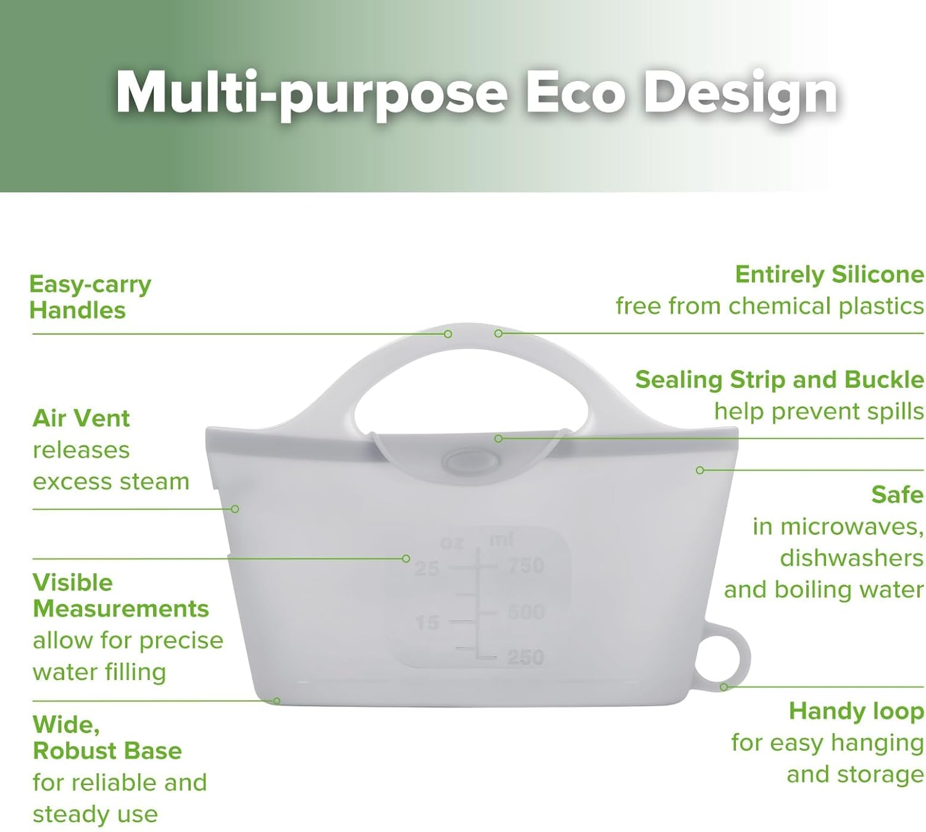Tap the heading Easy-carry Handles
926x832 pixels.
click(x=90, y=297)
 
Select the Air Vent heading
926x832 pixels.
click(x=81, y=418)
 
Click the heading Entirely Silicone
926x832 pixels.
click(x=829, y=275)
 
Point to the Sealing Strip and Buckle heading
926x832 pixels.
click(x=779, y=380)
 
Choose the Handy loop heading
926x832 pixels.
click(x=856, y=712)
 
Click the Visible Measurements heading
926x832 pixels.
click(x=120, y=595)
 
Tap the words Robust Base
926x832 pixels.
click(x=107, y=751)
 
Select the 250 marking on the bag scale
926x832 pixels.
click(x=526, y=658)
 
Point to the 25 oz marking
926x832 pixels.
click(x=427, y=569)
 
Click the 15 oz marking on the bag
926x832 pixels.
click(x=427, y=623)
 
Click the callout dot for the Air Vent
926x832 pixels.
click(x=235, y=509)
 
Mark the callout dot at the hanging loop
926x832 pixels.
click(x=724, y=687)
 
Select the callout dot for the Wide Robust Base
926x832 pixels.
click(x=277, y=701)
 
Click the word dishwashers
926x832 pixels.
click(x=851, y=558)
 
